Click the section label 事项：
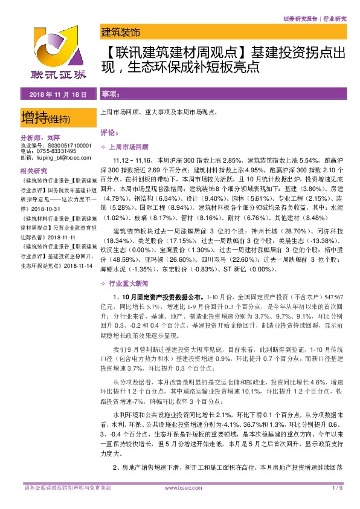click(111, 95)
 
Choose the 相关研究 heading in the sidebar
click(34, 170)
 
